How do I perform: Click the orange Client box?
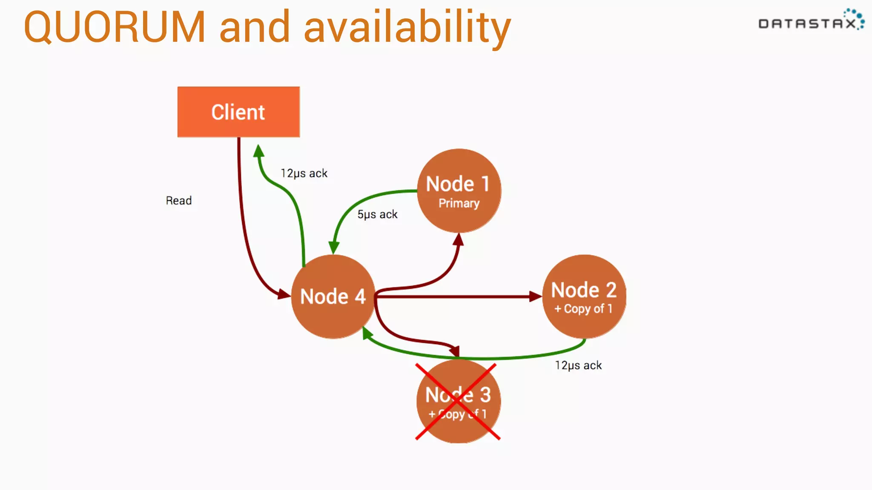(238, 112)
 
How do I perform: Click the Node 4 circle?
(333, 296)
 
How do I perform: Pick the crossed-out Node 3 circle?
(458, 401)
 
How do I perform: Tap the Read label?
(179, 200)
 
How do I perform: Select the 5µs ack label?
(377, 214)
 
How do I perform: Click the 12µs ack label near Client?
(304, 173)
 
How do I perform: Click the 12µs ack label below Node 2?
(578, 365)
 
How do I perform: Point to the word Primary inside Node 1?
(459, 203)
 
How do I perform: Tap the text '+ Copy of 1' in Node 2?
(583, 309)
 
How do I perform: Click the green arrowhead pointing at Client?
(258, 151)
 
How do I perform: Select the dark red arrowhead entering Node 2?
(535, 296)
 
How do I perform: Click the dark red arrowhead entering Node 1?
(459, 240)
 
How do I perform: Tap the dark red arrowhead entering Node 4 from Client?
(284, 294)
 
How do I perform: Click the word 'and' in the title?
(255, 27)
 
